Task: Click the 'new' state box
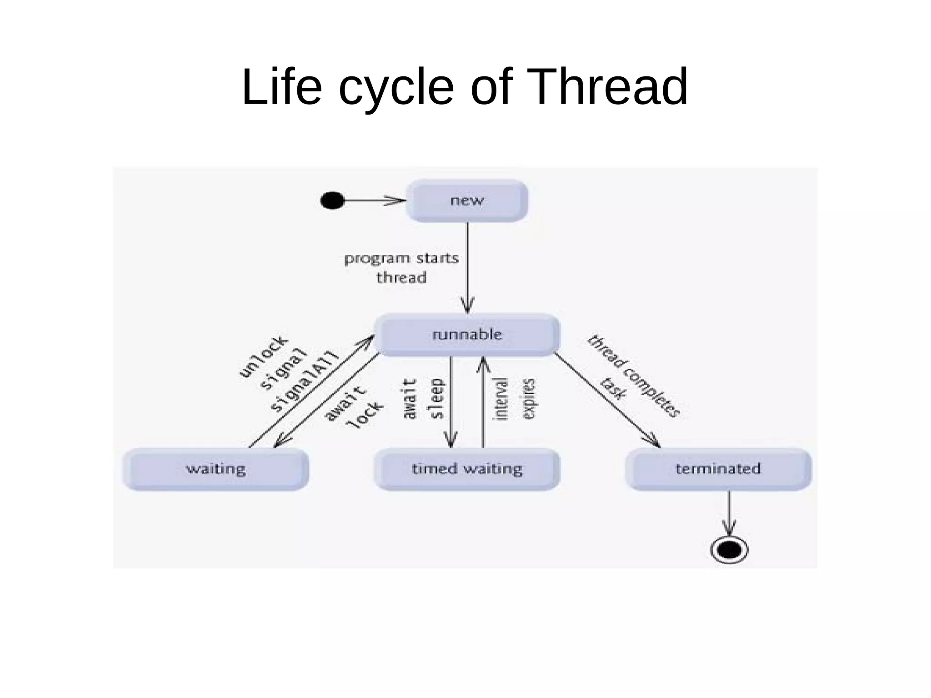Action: point(467,201)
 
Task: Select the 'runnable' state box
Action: point(467,335)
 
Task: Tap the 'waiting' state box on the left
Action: point(215,469)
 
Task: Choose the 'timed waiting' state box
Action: point(467,469)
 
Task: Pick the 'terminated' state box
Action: point(718,469)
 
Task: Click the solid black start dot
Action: point(332,201)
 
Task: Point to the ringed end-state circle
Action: point(729,550)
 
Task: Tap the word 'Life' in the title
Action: point(281,87)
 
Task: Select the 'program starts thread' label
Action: point(401,267)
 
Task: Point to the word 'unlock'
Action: point(263,357)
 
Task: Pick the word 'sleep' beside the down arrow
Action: point(437,399)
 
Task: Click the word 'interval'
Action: point(500,399)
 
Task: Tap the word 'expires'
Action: point(529,399)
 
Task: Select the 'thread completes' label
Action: point(634,376)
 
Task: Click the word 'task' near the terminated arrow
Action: point(613,388)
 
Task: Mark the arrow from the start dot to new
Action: point(373,201)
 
